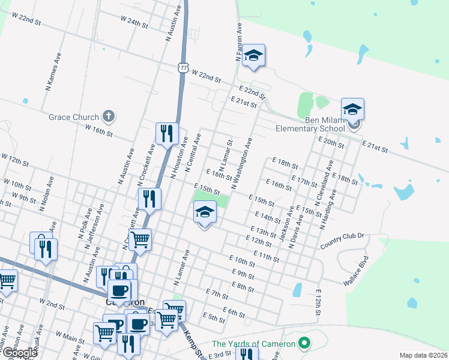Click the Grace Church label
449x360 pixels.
tap(75, 116)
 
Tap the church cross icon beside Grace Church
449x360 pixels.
tap(108, 115)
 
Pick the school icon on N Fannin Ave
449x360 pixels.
tap(254, 57)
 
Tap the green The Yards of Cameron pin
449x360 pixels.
tap(304, 344)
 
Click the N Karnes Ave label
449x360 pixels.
tap(53, 77)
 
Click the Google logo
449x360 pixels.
tap(20, 353)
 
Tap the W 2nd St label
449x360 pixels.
tap(51, 302)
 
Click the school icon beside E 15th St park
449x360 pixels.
tap(205, 212)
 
